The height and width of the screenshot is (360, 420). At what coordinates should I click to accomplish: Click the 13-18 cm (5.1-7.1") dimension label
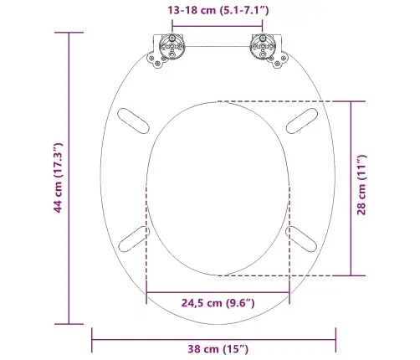coord(218,11)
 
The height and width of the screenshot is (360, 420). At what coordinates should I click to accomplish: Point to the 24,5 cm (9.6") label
coord(218,303)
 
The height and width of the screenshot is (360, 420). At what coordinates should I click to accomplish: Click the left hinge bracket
coord(172,50)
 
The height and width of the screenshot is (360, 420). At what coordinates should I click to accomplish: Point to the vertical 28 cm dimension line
coord(351,188)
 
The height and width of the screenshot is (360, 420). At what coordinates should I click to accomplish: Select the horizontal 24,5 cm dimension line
coord(218,291)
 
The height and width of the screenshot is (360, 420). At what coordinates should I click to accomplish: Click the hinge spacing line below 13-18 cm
coord(218,26)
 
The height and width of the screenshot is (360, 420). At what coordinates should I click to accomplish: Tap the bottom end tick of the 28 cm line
coord(351,275)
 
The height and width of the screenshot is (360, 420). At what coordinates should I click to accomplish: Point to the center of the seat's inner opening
coord(218,190)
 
